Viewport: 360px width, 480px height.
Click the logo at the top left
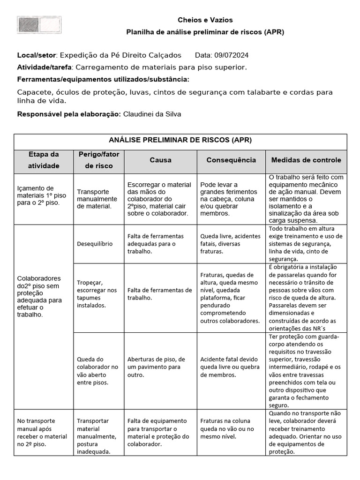[x=39, y=25]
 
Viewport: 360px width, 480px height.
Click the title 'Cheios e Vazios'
[x=205, y=20]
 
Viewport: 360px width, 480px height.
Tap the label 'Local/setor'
[x=37, y=55]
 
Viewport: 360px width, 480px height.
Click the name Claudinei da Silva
[x=152, y=114]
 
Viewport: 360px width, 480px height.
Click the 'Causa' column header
[x=160, y=160]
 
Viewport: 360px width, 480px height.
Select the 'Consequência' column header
[x=231, y=160]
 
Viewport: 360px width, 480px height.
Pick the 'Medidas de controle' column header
[x=306, y=160]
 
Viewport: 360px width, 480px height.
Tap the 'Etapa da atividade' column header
[x=44, y=160]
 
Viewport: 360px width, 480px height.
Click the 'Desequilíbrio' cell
[x=94, y=244]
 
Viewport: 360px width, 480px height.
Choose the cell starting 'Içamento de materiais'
[x=42, y=195]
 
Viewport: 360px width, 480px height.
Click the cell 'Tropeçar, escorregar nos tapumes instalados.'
[x=97, y=294]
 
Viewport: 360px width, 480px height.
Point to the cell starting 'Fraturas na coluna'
[x=227, y=428]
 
